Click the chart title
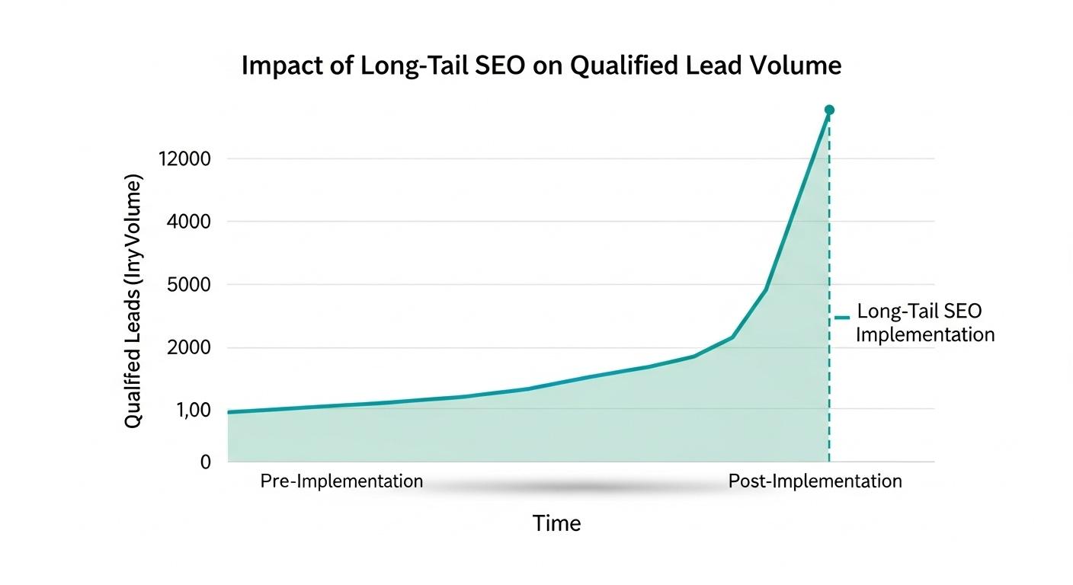[541, 66]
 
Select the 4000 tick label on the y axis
[188, 222]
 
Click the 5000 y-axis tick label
[188, 285]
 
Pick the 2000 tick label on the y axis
[188, 348]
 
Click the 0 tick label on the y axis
[205, 462]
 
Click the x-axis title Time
[556, 523]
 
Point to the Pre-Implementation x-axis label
[341, 481]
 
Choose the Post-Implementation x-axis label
[815, 481]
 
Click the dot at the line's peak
[829, 110]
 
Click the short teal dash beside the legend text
[841, 317]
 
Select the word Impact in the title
[279, 66]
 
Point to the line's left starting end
[229, 412]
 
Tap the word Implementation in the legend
[925, 335]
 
